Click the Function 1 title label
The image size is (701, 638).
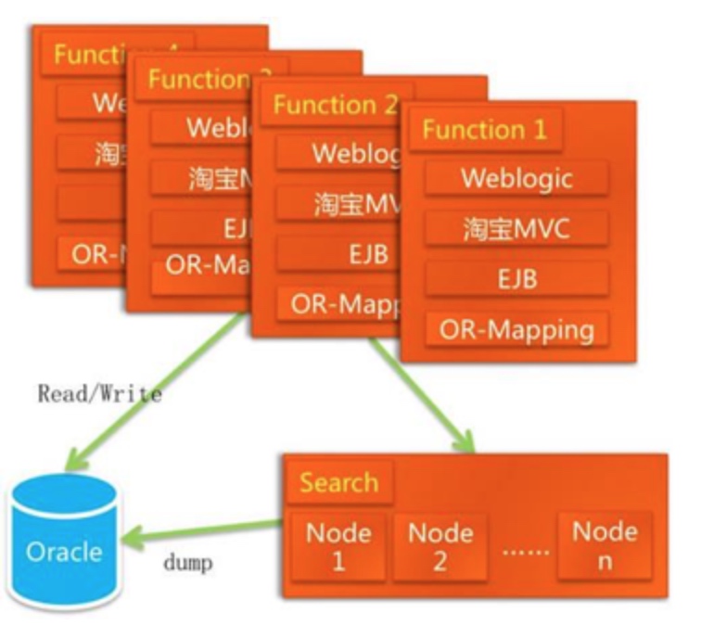[x=485, y=130]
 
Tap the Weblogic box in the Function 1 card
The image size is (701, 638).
[x=516, y=177]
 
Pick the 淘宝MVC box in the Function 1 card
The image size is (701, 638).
[x=516, y=228]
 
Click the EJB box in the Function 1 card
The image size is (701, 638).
[x=516, y=278]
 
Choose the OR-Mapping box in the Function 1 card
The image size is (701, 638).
[x=516, y=329]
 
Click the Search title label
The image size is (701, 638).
[x=338, y=483]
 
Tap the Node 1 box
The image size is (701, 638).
[x=338, y=546]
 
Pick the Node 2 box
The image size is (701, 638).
[x=440, y=546]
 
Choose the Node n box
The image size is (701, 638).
[x=605, y=544]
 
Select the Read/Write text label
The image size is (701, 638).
[x=99, y=393]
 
